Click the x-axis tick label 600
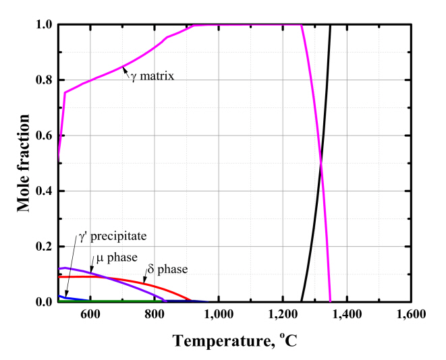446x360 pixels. click(x=90, y=315)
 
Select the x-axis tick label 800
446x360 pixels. click(x=155, y=315)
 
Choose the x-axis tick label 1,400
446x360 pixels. click(x=347, y=315)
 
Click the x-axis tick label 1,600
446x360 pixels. click(x=411, y=315)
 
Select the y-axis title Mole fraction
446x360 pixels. click(x=24, y=163)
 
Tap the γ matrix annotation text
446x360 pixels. click(x=153, y=76)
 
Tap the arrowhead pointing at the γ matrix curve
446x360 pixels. click(x=125, y=67)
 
